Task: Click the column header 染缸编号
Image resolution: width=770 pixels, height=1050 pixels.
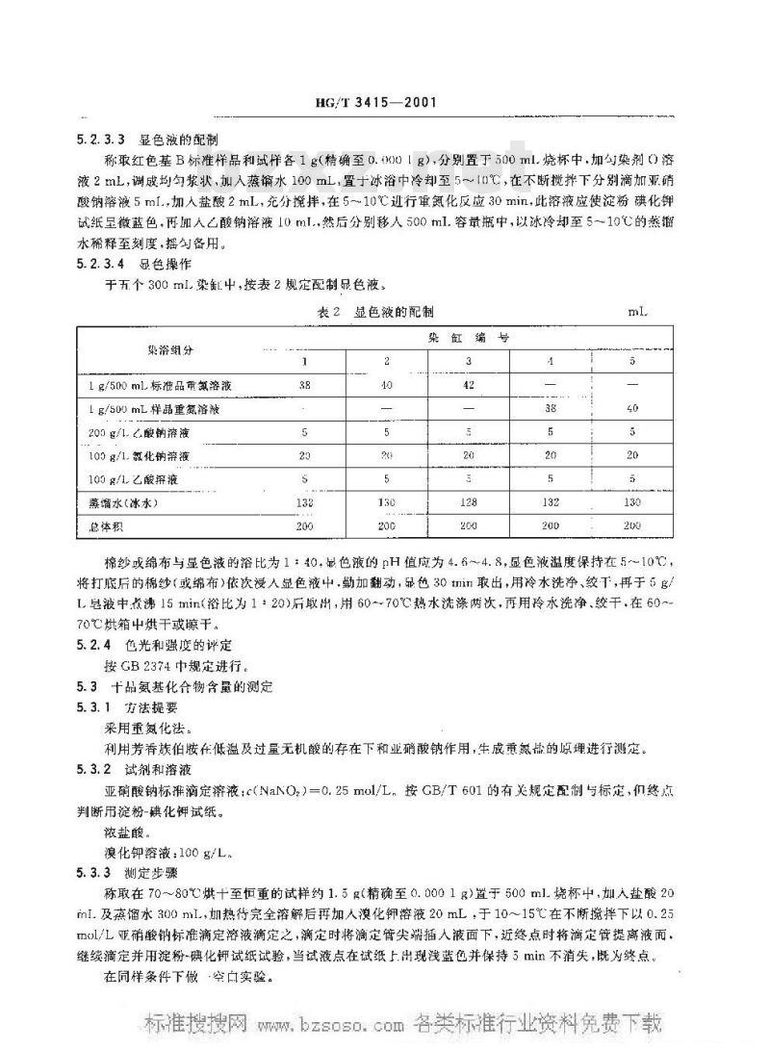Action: coord(469,339)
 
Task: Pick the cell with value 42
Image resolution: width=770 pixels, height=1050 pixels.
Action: coord(468,384)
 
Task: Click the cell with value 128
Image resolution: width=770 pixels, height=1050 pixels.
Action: coord(468,501)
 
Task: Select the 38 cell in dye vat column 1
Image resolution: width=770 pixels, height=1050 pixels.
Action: coord(304,384)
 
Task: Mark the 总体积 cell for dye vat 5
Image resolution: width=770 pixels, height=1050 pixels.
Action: coord(631,525)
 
